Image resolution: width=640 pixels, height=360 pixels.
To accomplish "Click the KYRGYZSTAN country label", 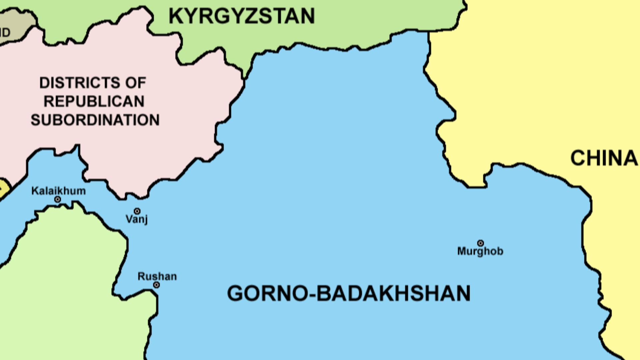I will [x=242, y=16].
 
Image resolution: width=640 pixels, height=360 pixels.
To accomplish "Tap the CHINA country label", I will [x=604, y=158].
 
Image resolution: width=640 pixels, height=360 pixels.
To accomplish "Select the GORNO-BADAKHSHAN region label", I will [x=349, y=293].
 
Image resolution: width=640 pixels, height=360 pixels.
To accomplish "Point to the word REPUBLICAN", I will [x=94, y=101].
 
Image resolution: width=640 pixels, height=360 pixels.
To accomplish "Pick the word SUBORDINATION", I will [x=95, y=120].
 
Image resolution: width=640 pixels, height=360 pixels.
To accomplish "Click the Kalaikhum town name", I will [x=58, y=191].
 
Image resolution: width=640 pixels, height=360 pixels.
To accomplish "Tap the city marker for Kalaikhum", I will [x=57, y=199].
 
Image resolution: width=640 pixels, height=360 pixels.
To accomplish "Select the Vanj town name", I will [x=137, y=219].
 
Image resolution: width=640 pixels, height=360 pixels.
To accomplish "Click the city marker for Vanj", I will [x=137, y=211].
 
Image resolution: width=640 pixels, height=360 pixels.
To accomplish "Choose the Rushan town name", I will [x=157, y=276].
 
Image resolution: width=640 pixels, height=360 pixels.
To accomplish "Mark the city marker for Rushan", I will [x=156, y=285].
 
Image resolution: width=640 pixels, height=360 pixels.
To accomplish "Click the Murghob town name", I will [x=480, y=251].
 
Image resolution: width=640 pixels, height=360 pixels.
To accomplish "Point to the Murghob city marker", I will [x=480, y=243].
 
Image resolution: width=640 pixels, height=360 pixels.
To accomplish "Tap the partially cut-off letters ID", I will [x=5, y=33].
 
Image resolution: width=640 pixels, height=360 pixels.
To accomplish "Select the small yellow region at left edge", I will [x=4, y=189].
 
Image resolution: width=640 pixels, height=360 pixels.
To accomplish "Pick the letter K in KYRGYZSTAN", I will [x=176, y=16].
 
